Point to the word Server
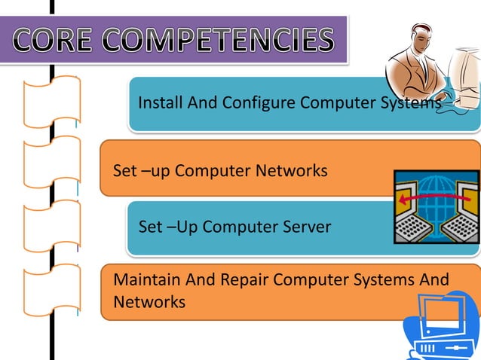[302, 227]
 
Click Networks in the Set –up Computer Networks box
[292, 171]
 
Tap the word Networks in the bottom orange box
[149, 302]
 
